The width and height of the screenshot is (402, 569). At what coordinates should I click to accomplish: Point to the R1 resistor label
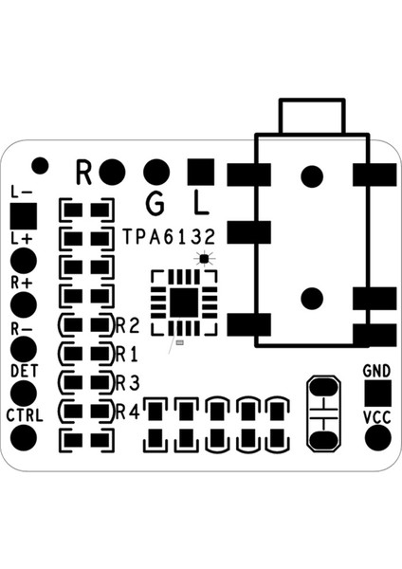point(128,354)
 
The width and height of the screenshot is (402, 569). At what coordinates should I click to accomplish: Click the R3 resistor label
point(128,382)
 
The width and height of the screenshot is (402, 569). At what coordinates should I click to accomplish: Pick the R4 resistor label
point(128,412)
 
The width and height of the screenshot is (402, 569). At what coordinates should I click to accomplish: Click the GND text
point(377,370)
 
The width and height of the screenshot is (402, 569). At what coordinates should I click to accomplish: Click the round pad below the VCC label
point(378,438)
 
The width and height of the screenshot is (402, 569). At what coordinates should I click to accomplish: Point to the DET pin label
point(23,370)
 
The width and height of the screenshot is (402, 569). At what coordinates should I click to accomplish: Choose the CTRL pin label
point(24,415)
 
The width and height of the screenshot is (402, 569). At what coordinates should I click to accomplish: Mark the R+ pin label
point(21,283)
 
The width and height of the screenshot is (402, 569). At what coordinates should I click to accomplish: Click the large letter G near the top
point(156,202)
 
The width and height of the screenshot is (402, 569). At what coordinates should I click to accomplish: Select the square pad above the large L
point(200,172)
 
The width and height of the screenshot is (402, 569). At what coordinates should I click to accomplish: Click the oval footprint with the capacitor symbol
point(324,413)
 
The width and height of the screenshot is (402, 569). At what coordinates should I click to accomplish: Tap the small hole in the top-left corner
point(40,166)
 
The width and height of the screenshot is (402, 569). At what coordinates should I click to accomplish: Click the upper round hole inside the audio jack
point(311,175)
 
